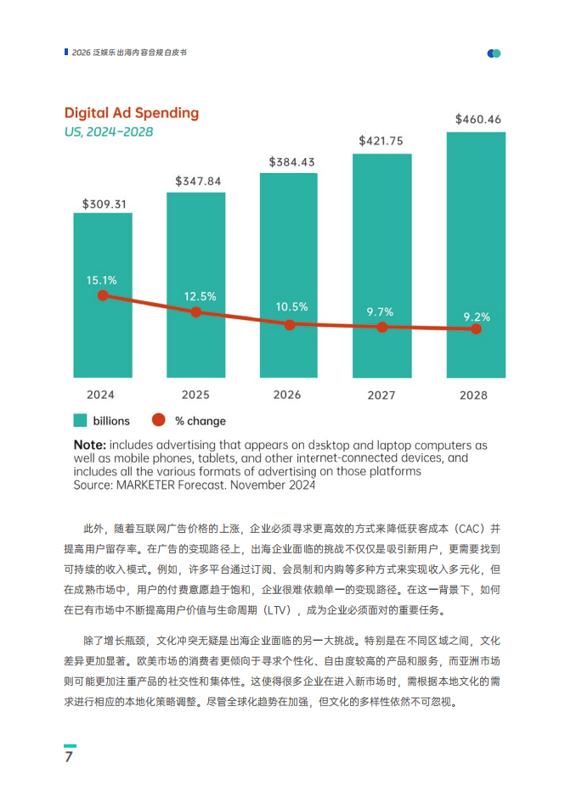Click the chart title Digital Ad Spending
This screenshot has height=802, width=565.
[132, 113]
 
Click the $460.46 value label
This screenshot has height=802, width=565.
[477, 119]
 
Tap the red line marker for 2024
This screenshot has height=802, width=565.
[103, 295]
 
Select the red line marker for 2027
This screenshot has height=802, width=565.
[382, 327]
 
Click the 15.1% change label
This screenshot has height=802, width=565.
[101, 279]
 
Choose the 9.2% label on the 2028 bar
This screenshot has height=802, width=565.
[477, 317]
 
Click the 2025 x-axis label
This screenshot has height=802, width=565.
[195, 395]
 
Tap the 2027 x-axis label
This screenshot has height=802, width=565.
[381, 395]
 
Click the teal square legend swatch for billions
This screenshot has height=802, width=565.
[80, 420]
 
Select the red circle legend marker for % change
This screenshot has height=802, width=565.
[157, 420]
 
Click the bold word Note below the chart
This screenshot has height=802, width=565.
[89, 445]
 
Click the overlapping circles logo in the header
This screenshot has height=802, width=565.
[494, 53]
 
